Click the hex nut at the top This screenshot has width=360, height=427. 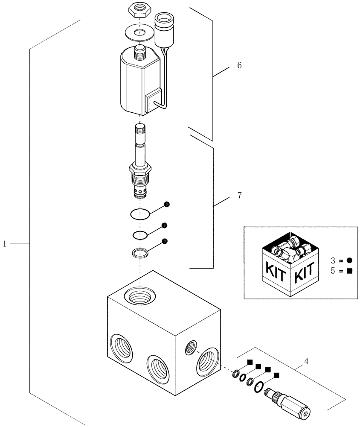click(139, 10)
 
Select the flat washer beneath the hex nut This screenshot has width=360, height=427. click(139, 32)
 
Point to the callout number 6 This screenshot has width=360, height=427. click(239, 65)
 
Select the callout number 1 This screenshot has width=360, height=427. click(5, 243)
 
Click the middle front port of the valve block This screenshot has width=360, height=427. click(158, 367)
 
